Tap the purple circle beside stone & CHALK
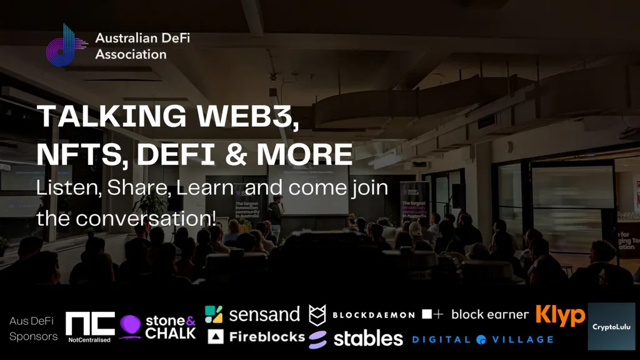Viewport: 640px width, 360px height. [x=130, y=326]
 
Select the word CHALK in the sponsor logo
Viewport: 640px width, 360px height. [x=171, y=333]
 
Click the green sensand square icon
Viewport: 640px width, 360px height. [x=214, y=314]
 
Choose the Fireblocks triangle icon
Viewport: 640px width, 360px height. [x=216, y=337]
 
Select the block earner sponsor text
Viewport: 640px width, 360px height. [x=489, y=314]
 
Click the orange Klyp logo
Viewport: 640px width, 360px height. [x=560, y=316]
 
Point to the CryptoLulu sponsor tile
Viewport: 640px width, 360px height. [x=611, y=326]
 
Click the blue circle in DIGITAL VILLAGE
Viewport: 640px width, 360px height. [x=481, y=340]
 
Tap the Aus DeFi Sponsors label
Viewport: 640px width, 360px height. [x=32, y=329]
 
